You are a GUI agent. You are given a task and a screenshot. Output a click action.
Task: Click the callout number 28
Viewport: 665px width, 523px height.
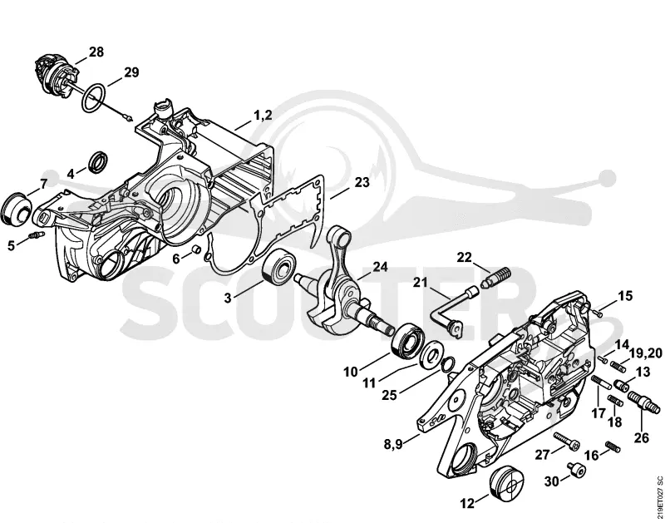pyautogui.click(x=96, y=52)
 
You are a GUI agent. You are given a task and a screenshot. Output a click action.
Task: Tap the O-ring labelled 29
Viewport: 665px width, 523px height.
pyautogui.click(x=94, y=98)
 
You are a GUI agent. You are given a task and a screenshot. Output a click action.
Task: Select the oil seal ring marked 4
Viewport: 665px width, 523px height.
pyautogui.click(x=99, y=161)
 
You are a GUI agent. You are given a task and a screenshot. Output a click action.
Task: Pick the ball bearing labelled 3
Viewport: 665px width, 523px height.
pyautogui.click(x=279, y=265)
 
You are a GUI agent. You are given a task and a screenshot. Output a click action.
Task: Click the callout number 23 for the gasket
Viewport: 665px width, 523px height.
pyautogui.click(x=362, y=182)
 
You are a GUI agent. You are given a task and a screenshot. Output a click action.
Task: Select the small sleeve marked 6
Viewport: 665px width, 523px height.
pyautogui.click(x=197, y=249)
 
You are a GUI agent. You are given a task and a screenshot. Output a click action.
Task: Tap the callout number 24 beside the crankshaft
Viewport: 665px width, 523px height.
pyautogui.click(x=380, y=266)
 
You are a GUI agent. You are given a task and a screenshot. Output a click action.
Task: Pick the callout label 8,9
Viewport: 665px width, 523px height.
pyautogui.click(x=393, y=444)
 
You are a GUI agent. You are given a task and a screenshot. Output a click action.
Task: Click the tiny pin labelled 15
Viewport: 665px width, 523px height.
pyautogui.click(x=598, y=313)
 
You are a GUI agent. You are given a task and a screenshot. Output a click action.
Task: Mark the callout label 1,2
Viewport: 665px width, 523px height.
pyautogui.click(x=263, y=115)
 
